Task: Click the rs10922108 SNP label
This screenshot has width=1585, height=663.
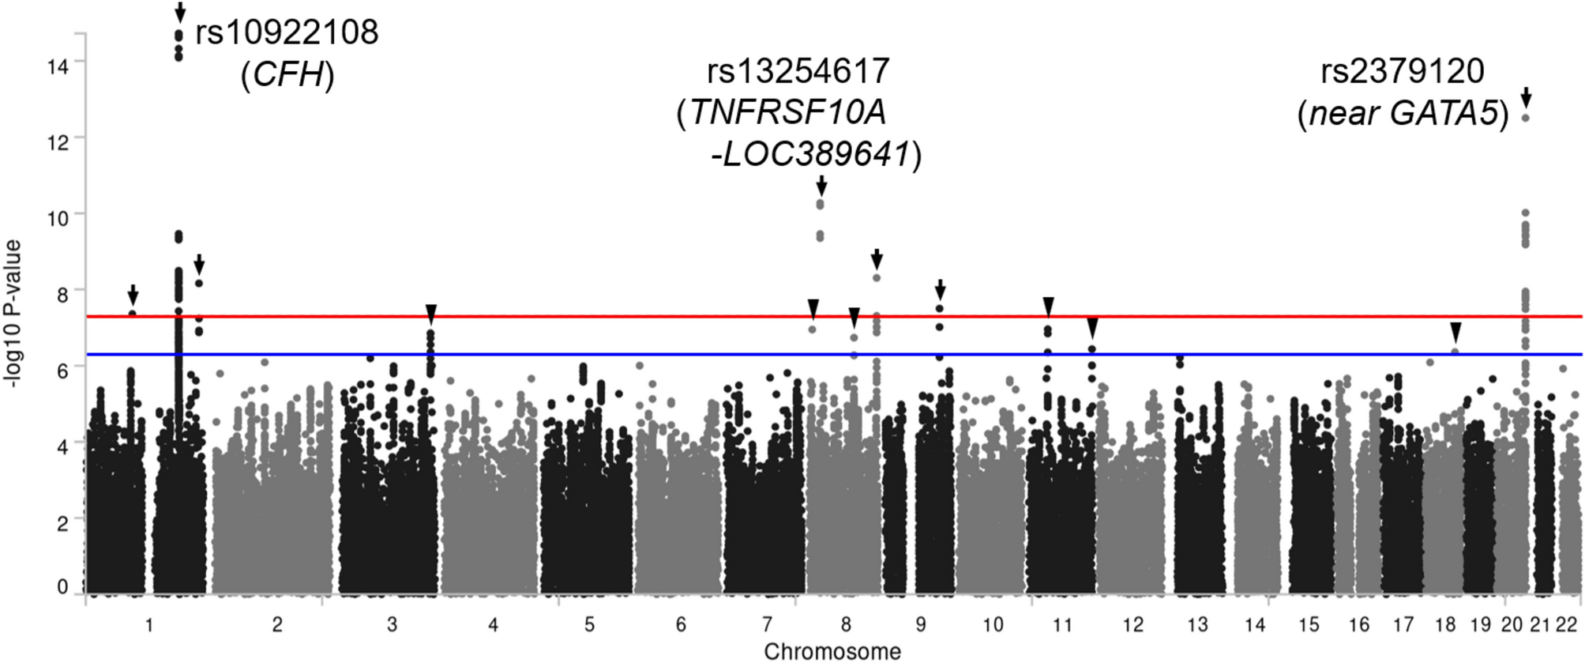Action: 287,33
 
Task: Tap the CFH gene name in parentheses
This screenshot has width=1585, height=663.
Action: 287,76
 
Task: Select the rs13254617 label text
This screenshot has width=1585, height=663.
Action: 798,72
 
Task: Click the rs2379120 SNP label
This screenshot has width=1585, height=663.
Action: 1403,72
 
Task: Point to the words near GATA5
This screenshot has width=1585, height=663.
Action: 1403,115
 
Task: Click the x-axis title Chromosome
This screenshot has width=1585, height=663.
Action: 832,652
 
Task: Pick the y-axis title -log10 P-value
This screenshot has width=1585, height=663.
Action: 13,314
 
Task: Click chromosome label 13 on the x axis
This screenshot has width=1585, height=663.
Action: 1197,625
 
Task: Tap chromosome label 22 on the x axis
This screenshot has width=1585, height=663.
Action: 1567,625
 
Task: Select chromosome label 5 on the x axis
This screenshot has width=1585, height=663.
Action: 589,625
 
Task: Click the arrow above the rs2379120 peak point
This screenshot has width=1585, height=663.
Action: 1526,98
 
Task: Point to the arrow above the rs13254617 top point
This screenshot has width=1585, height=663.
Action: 821,186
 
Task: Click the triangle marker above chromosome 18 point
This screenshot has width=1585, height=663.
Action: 1455,332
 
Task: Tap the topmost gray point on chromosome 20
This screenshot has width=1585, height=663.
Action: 1526,118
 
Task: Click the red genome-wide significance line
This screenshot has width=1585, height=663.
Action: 553,317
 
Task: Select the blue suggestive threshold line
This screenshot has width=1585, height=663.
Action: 553,355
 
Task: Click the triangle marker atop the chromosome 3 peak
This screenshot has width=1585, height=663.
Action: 430,314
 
